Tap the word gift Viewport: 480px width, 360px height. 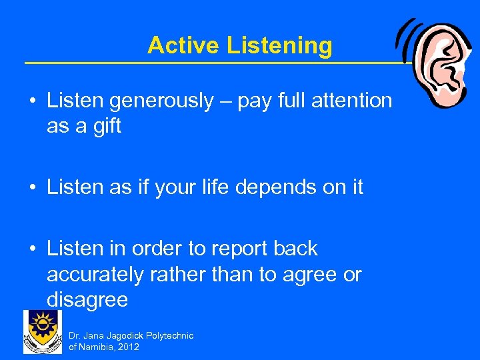pos(107,126)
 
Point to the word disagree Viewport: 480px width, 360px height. pos(87,299)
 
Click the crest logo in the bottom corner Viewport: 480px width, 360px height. pos(43,331)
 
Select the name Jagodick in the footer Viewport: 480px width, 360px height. pos(128,335)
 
